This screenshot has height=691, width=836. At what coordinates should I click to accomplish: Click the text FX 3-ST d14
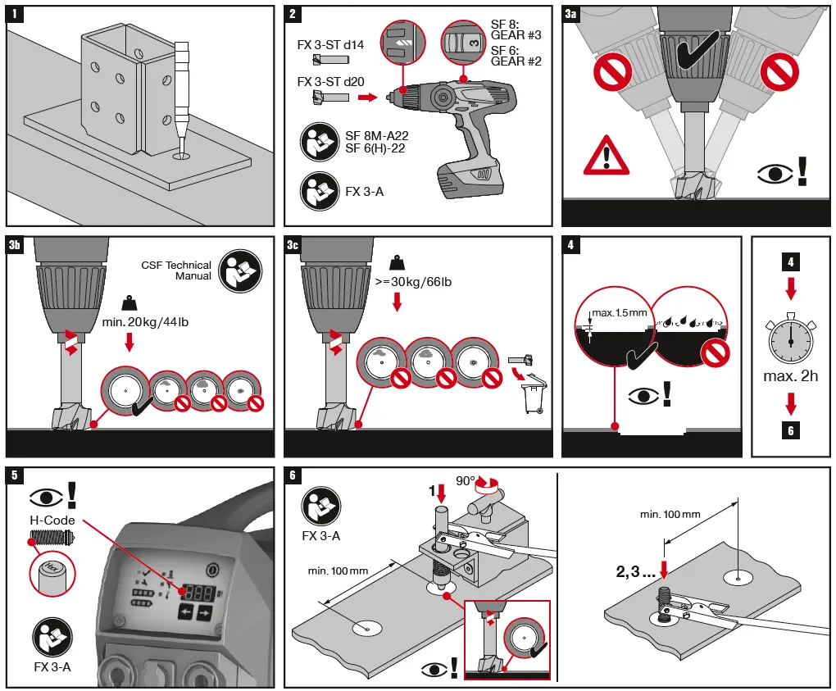point(330,44)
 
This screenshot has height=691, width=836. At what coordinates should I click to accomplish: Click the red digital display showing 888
point(194,591)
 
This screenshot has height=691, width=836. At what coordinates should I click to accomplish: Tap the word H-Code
point(52,521)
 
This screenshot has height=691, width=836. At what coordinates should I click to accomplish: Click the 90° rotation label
point(467,481)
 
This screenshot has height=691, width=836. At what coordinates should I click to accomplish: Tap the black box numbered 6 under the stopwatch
point(790,430)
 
